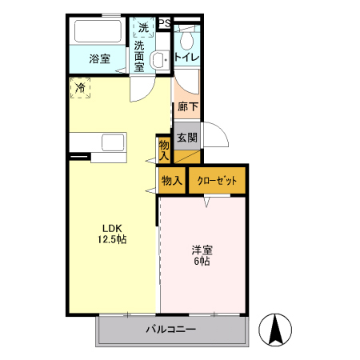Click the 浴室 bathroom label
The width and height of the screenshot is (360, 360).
[99, 58]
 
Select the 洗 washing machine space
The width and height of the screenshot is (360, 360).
[143, 28]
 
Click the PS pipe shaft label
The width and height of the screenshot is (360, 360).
[164, 23]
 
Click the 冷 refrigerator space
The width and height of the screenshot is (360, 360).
[80, 87]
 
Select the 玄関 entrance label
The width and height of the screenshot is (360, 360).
[186, 137]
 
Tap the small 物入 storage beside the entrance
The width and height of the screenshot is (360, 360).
[164, 149]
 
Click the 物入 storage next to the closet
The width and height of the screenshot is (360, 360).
[172, 181]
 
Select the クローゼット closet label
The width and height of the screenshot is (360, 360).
[217, 181]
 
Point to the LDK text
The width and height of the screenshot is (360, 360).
[111, 226]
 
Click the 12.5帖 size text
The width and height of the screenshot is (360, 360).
[112, 238]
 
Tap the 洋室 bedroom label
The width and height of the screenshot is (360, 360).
[201, 250]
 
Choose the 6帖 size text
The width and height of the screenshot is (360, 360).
[201, 262]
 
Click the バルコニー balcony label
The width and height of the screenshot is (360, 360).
[170, 329]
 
